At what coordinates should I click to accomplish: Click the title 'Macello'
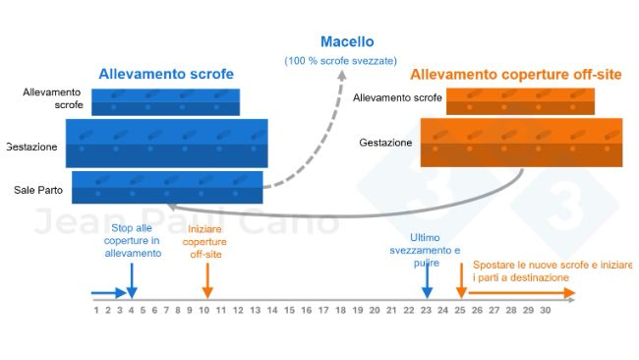click(347, 42)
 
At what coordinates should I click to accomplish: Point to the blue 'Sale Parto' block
click(167, 187)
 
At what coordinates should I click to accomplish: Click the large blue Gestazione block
click(166, 143)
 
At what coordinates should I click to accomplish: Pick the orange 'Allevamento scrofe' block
click(520, 99)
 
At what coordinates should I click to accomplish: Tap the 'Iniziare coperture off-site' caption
click(205, 241)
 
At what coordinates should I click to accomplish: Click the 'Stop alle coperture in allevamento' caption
click(133, 240)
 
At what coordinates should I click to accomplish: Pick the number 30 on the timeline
click(545, 311)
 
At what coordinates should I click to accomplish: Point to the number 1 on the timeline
click(96, 311)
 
